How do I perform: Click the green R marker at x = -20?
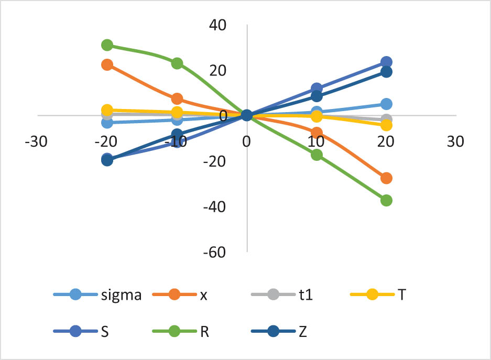click(107, 45)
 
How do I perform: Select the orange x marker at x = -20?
click(107, 64)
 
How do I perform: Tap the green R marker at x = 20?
click(386, 200)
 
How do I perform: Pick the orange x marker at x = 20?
click(386, 178)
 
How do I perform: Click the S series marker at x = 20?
click(386, 62)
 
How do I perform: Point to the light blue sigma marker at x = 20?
click(386, 104)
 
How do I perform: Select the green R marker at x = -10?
click(177, 63)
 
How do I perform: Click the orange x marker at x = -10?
click(177, 99)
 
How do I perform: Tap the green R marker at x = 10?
click(317, 155)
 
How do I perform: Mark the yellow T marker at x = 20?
click(386, 125)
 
